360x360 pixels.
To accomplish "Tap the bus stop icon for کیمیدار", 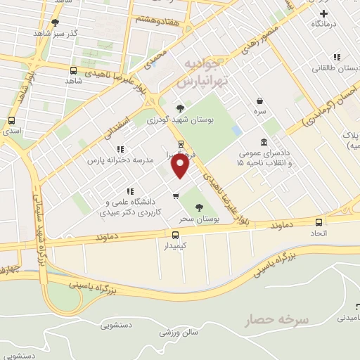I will tap(175, 234).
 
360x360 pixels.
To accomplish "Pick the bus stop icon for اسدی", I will tap(12, 120).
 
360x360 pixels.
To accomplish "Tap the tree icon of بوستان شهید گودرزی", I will tap(181, 108).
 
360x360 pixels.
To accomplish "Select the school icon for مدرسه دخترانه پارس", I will tap(120, 149).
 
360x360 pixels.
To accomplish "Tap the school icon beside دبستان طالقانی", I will tap(337, 57).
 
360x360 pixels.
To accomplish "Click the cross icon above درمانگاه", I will tap(323, 13).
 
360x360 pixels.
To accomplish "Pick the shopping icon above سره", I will tap(260, 101).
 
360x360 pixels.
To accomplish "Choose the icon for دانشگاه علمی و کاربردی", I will tap(130, 191).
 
